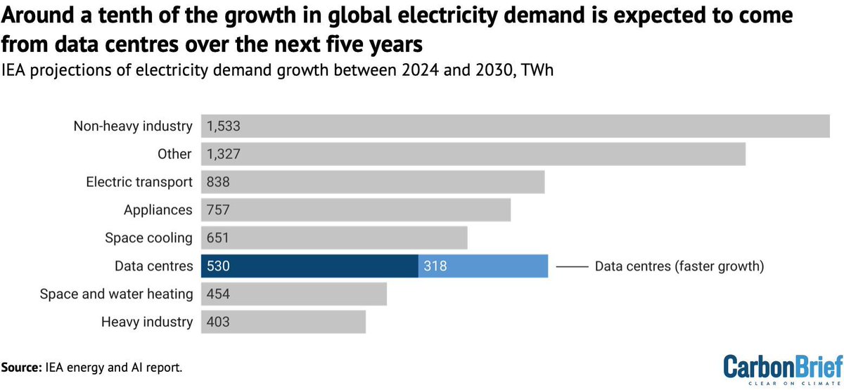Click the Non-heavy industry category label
pyautogui.click(x=133, y=126)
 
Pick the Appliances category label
pyautogui.click(x=158, y=210)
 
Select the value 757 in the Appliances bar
pyautogui.click(x=218, y=210)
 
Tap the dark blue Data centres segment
pyautogui.click(x=309, y=266)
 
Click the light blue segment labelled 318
pyautogui.click(x=482, y=266)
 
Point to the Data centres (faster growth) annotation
pyautogui.click(x=679, y=266)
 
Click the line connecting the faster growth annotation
pyautogui.click(x=571, y=266)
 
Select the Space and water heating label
pyautogui.click(x=116, y=294)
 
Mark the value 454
pyautogui.click(x=218, y=294)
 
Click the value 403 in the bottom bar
pyautogui.click(x=218, y=322)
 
